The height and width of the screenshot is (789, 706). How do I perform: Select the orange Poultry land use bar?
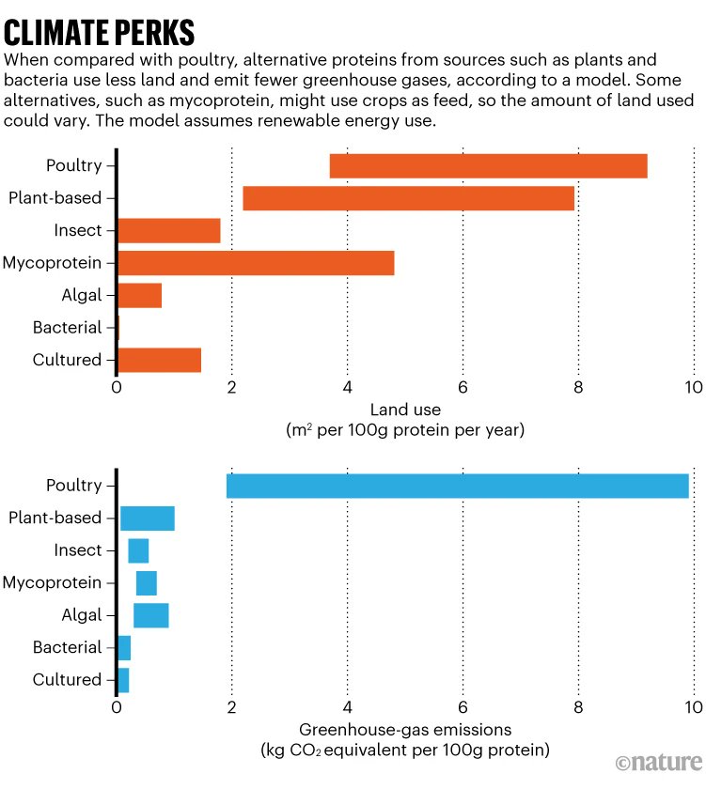tap(488, 166)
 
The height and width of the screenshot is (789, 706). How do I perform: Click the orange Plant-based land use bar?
tap(408, 198)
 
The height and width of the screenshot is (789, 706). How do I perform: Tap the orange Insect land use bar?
tap(168, 231)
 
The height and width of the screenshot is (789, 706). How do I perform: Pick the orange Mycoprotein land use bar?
tap(256, 263)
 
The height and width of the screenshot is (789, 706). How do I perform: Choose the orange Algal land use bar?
tap(139, 296)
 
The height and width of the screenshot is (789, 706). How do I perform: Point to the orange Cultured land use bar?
tap(159, 360)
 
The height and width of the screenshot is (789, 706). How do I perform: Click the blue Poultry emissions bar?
tap(457, 486)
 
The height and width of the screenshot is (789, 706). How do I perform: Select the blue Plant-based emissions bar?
tap(148, 518)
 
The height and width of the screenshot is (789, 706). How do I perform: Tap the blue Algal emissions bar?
tap(151, 615)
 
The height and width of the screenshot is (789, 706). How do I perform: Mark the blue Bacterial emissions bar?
tap(124, 648)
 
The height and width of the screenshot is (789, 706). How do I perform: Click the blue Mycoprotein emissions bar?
tap(147, 583)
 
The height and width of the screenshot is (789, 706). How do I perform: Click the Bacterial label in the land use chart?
tap(67, 328)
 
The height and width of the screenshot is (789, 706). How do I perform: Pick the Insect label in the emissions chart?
tap(78, 550)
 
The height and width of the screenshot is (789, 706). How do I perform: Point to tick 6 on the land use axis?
tap(463, 388)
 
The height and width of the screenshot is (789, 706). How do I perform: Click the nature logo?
tap(658, 761)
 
